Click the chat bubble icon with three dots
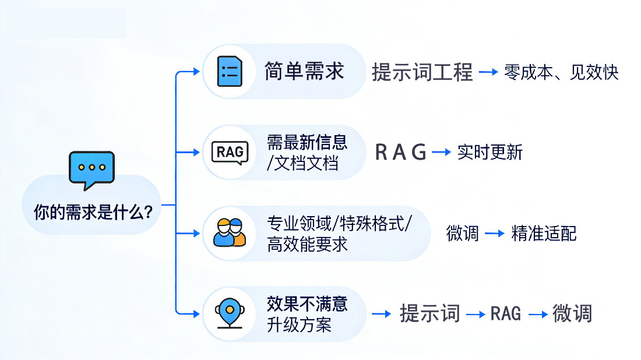tap(91, 169)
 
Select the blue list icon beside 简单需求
tap(230, 72)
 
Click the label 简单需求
tap(304, 71)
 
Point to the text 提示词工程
tap(422, 72)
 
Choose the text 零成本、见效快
tap(561, 72)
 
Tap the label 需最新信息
tap(307, 142)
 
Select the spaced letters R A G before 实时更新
tap(400, 152)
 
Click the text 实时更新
tap(490, 152)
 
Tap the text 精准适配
tap(544, 233)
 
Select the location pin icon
tap(230, 313)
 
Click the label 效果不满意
tap(307, 303)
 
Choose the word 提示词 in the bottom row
tap(429, 313)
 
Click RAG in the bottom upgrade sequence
tap(505, 313)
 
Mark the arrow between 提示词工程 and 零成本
tap(488, 73)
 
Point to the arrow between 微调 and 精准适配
tap(495, 234)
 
